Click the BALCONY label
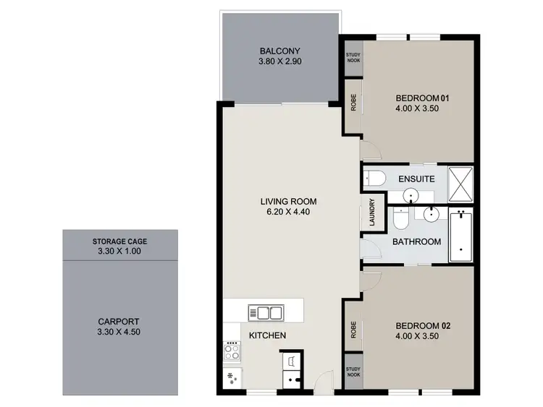click(x=279, y=51)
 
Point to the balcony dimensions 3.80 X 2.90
click(x=279, y=62)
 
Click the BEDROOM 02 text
click(x=423, y=326)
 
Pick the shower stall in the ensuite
click(x=460, y=184)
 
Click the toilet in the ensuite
click(x=374, y=178)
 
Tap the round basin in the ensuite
click(x=411, y=195)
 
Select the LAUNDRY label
click(x=371, y=213)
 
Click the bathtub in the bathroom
click(x=460, y=237)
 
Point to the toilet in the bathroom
click(x=400, y=218)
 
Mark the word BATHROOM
click(x=416, y=241)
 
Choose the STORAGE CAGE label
click(x=119, y=241)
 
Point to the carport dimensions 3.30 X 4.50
click(x=118, y=333)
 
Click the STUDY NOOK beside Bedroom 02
click(x=353, y=372)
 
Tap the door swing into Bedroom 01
click(x=369, y=153)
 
